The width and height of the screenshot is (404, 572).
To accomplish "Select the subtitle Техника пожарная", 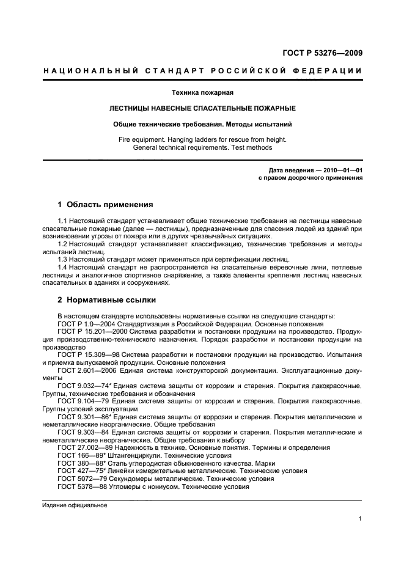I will click(x=202, y=93).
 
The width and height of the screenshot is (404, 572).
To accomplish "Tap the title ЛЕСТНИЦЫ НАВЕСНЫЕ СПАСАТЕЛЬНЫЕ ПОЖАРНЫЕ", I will click(x=202, y=108).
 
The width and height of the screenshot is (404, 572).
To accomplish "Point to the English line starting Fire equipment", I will click(x=202, y=139).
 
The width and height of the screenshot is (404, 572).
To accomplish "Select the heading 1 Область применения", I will click(x=105, y=204).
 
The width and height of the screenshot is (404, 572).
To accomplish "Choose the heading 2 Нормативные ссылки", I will click(x=106, y=300).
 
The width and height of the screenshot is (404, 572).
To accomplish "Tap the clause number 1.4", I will click(x=63, y=268).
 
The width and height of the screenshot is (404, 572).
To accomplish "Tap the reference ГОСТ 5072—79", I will click(x=81, y=479).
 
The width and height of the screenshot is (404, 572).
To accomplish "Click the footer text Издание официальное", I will click(x=75, y=505).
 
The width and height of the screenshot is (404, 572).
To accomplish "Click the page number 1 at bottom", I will click(x=361, y=519).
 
